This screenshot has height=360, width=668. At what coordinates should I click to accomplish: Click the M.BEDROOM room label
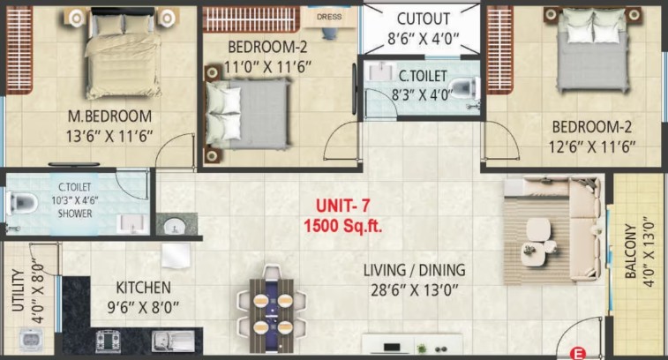point(110,116)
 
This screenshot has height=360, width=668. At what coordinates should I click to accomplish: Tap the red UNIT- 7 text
point(342,206)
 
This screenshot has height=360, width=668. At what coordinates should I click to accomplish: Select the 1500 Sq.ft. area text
point(342,225)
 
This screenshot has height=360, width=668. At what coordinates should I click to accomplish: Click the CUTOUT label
point(423,19)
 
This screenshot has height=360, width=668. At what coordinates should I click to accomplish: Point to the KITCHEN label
point(143,288)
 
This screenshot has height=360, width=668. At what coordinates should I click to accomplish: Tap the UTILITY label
point(18,289)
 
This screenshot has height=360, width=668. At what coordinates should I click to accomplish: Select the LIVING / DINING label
point(414,270)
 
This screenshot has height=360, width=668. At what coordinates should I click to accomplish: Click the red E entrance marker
point(578,354)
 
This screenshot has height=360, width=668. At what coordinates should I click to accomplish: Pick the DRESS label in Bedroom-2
point(329,17)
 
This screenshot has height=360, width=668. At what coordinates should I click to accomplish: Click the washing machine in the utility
point(31,341)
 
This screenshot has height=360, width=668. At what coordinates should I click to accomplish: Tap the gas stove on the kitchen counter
point(108,341)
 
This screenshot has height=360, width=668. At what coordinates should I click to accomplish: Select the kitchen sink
point(173,341)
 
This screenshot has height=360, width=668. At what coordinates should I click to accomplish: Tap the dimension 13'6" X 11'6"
point(109,137)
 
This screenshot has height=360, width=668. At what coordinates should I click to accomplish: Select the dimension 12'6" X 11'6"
point(592,147)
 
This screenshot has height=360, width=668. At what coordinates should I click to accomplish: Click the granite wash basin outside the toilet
point(176,224)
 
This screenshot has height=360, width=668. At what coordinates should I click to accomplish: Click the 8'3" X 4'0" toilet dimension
point(421,94)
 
